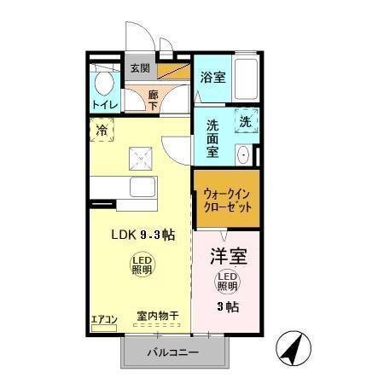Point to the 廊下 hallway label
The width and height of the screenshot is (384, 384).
click(x=153, y=98)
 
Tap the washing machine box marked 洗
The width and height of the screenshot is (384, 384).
click(x=244, y=121)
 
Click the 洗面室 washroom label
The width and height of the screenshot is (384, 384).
click(x=213, y=137)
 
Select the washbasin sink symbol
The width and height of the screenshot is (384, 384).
click(x=242, y=155)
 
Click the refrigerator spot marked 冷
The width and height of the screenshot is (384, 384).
click(x=102, y=131)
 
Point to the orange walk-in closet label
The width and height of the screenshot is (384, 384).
click(x=225, y=200)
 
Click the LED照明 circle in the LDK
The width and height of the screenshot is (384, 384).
click(x=142, y=264)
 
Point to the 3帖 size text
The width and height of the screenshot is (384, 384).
click(x=225, y=306)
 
